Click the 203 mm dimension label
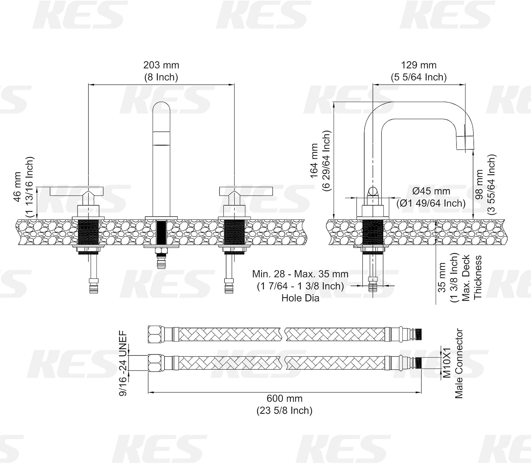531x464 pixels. pyautogui.click(x=161, y=65)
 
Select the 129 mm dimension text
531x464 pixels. pyautogui.click(x=418, y=65)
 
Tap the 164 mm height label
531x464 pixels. pyautogui.click(x=314, y=161)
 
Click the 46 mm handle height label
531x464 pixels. pyautogui.click(x=18, y=187)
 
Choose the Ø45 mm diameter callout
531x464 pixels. pyautogui.click(x=431, y=191)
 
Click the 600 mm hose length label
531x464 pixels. pyautogui.click(x=284, y=399)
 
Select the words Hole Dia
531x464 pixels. pyautogui.click(x=300, y=298)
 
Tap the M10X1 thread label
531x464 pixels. pyautogui.click(x=447, y=363)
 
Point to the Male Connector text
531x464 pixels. pyautogui.click(x=459, y=363)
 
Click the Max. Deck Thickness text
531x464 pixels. pyautogui.click(x=472, y=278)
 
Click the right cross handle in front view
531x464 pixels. pyautogui.click(x=235, y=192)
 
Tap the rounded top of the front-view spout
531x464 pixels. pyautogui.click(x=161, y=108)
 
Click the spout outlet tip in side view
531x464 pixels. pyautogui.click(x=465, y=143)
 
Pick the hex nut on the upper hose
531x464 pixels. pyautogui.click(x=155, y=334)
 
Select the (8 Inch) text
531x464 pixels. pyautogui.click(x=161, y=77)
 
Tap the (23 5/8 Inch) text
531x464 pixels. pyautogui.click(x=284, y=411)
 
